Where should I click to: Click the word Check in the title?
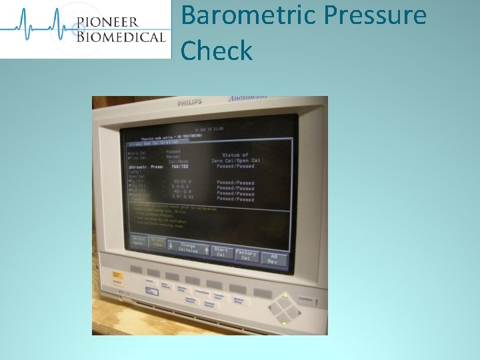tap(217, 51)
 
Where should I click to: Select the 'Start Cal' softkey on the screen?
tap(221, 252)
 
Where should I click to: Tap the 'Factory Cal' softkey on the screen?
tap(246, 254)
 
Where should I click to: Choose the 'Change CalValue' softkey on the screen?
tap(188, 248)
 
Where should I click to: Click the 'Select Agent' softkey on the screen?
tap(139, 241)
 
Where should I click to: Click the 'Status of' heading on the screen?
tap(235, 155)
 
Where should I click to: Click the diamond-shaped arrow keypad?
tap(285, 309)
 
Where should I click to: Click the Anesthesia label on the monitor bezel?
tap(248, 99)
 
